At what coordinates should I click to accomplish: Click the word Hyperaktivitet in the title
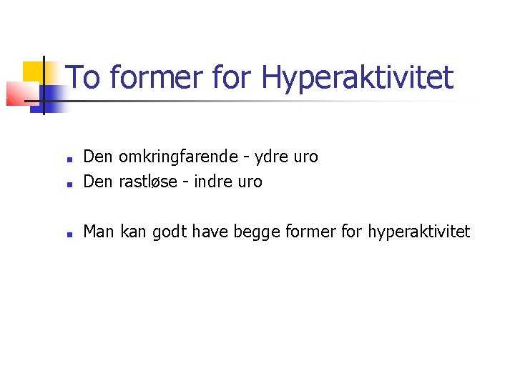(x=358, y=78)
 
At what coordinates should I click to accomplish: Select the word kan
(x=134, y=231)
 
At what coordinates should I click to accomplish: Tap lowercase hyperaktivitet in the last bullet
(x=418, y=232)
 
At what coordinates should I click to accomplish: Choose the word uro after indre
(x=249, y=182)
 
